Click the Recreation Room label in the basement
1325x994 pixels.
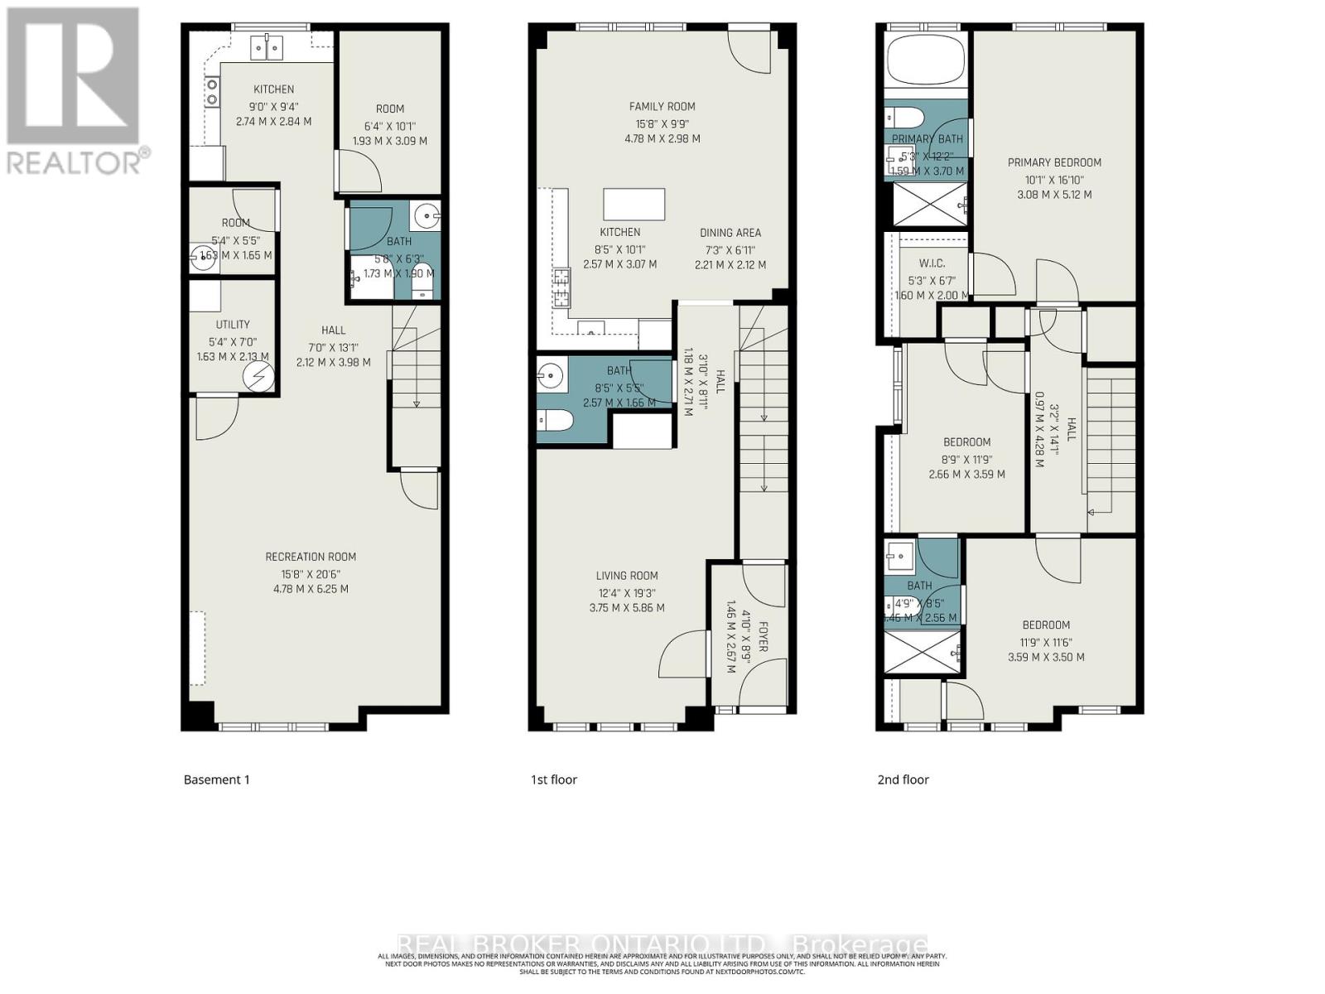[311, 557]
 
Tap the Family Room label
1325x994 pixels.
[662, 106]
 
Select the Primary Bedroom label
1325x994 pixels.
[1054, 162]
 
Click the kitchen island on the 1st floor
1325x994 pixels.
[634, 203]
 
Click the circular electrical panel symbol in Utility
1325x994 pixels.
[258, 378]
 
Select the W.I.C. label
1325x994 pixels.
[932, 263]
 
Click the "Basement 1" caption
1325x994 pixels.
[216, 779]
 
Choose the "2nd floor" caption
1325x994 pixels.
[903, 779]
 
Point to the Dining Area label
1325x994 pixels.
[730, 233]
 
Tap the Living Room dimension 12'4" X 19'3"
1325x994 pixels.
[627, 592]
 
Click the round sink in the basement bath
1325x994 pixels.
[428, 216]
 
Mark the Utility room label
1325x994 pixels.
[233, 325]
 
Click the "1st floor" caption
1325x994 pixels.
[553, 779]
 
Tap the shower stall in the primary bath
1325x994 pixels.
[925, 204]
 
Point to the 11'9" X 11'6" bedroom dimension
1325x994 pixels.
[1046, 641]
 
